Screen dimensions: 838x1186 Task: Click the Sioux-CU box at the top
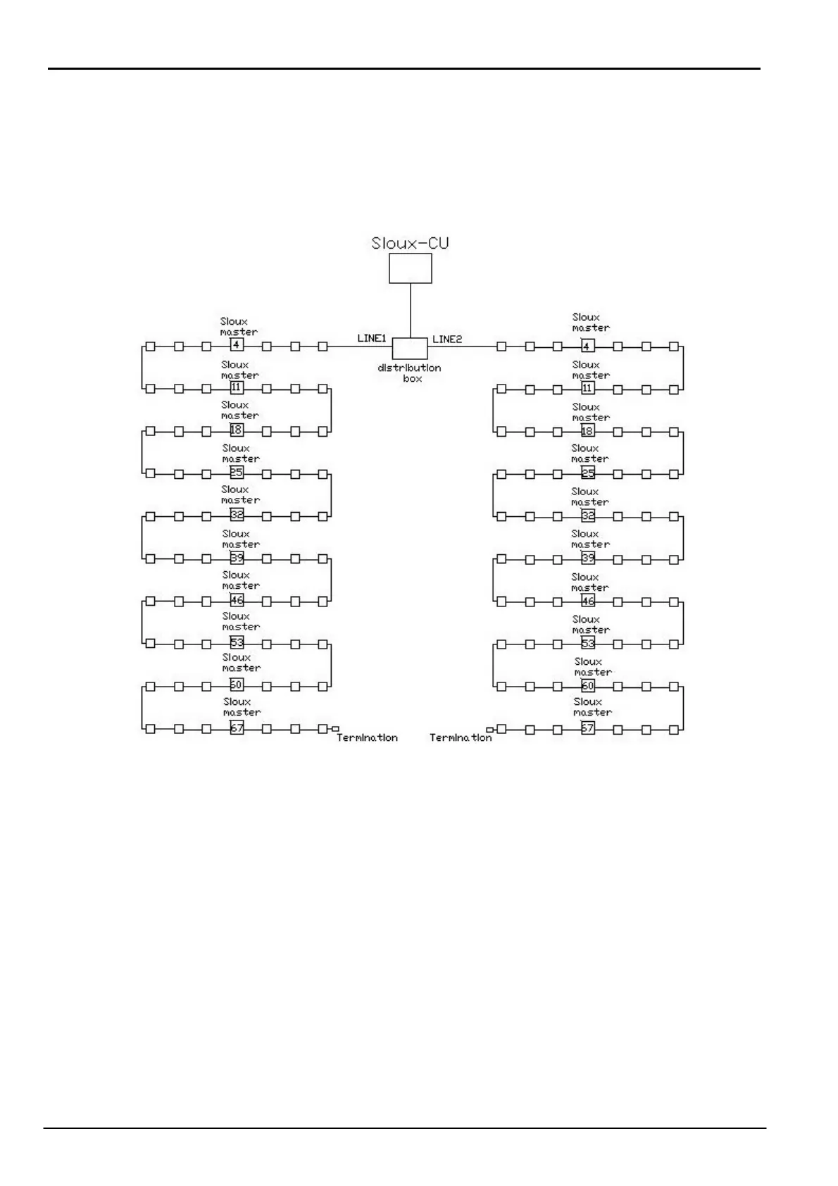tap(411, 268)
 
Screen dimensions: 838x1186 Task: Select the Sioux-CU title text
tap(410, 244)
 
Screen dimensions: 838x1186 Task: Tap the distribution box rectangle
tap(410, 348)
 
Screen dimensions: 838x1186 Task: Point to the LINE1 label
tap(372, 339)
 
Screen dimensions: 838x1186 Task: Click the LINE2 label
tap(447, 339)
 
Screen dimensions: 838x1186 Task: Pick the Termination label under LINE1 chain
tap(367, 738)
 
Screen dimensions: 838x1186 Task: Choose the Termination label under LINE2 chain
tap(461, 738)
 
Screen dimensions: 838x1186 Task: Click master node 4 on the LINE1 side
tap(237, 345)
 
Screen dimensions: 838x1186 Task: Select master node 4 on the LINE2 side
tap(588, 346)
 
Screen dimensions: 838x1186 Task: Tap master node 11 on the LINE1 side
tap(237, 388)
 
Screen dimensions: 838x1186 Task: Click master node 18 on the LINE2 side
tap(587, 431)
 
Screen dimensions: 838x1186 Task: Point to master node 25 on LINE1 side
tap(237, 473)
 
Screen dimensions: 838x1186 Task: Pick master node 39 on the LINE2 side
tap(588, 558)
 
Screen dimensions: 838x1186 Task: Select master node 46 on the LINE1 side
tap(237, 601)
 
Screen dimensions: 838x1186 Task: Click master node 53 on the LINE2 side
tap(588, 644)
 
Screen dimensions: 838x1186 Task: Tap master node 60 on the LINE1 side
tap(237, 685)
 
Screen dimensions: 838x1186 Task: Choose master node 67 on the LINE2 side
tap(588, 729)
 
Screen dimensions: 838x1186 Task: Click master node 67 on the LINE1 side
tap(237, 728)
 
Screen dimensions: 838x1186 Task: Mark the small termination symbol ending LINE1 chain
tap(335, 729)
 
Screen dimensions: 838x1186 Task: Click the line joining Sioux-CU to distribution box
tap(411, 311)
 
